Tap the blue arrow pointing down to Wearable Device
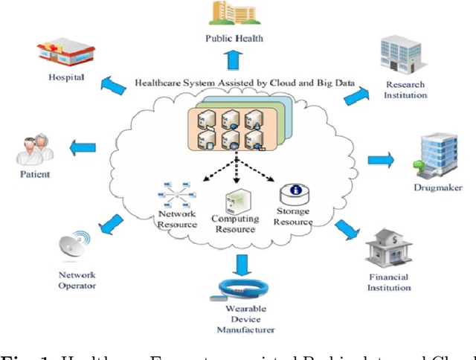(241, 263)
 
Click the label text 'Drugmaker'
(437, 187)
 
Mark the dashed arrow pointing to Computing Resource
(236, 170)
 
